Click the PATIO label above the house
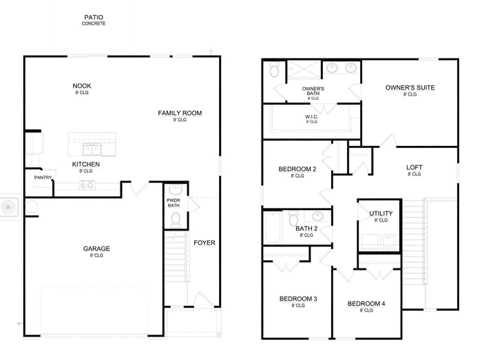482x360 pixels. tap(94, 17)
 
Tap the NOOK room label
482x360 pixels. tap(82, 86)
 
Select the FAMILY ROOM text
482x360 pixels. tap(180, 113)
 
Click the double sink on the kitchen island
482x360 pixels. tap(92, 149)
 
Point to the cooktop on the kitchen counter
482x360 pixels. tap(87, 184)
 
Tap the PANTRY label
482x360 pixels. tap(44, 178)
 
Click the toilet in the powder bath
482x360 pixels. tap(175, 220)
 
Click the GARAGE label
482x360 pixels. tap(97, 248)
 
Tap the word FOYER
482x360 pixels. tap(204, 242)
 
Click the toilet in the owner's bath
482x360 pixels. tap(274, 71)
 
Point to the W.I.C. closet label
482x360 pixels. tap(311, 117)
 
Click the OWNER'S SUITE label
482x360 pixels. tap(410, 87)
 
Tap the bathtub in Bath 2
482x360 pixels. tap(273, 228)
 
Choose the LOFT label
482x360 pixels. tap(414, 167)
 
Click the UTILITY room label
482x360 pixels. tap(381, 213)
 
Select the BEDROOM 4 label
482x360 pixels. tap(370, 304)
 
